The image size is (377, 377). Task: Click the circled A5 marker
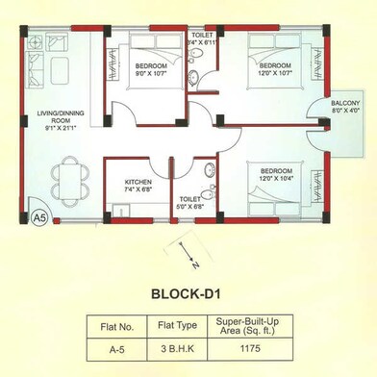pos(39,216)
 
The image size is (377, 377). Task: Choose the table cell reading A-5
pos(114,351)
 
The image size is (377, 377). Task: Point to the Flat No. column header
pos(114,326)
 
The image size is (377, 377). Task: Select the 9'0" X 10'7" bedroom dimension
pos(150,72)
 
